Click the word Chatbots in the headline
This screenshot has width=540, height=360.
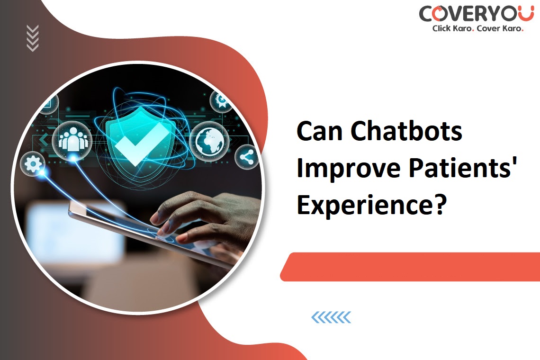click(x=406, y=131)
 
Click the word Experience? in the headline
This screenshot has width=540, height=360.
click(x=371, y=205)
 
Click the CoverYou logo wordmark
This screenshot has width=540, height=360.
click(x=477, y=14)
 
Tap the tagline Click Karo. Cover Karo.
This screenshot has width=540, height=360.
click(x=478, y=28)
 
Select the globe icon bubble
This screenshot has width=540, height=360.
click(x=209, y=141)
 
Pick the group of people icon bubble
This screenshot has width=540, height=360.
click(x=72, y=141)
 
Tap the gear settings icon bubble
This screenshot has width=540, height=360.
click(x=33, y=164)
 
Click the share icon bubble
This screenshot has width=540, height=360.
click(x=247, y=157)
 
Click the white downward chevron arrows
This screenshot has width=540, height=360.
click(x=33, y=38)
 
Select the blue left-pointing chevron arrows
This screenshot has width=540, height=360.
click(x=331, y=317)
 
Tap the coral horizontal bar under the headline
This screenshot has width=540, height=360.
click(x=410, y=267)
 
